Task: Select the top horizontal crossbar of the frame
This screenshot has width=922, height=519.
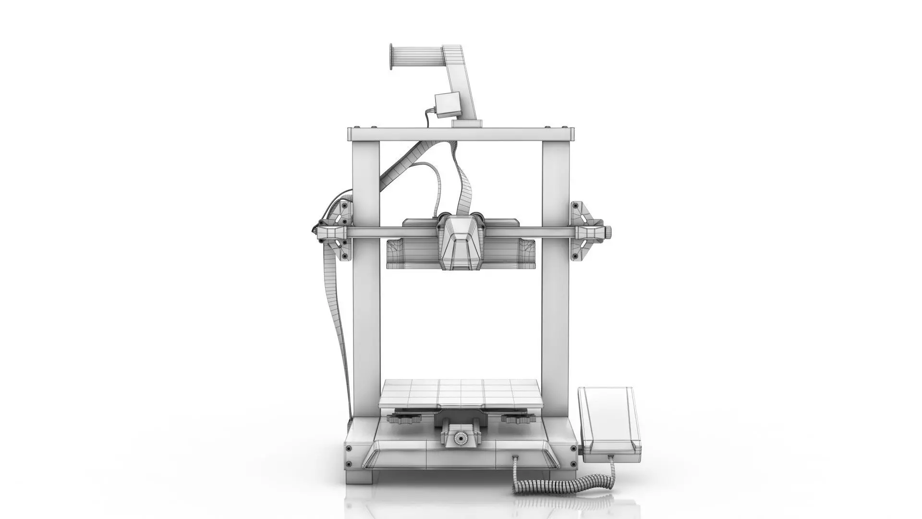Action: coord(461,134)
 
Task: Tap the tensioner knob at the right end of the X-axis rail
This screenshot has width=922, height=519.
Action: coord(608,233)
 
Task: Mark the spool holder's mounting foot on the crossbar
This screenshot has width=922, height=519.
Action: coord(466,124)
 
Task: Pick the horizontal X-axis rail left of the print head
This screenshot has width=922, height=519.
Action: coord(384,233)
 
